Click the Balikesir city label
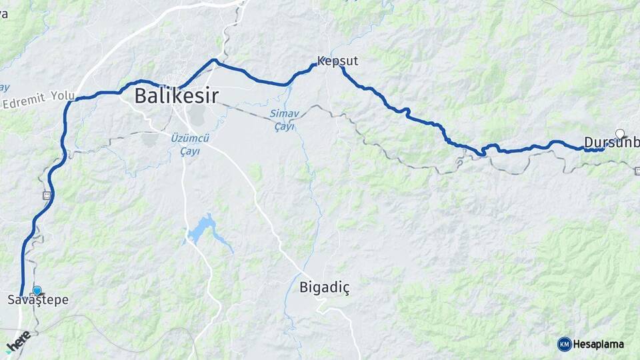tap(177, 95)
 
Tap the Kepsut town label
tap(337, 61)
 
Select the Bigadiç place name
tap(325, 287)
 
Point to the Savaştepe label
tap(37, 300)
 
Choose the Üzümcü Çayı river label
tap(189, 144)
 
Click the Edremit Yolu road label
tap(38, 100)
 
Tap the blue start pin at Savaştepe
tap(37, 291)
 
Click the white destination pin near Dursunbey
tap(620, 133)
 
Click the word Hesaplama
tap(598, 344)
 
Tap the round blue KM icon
tap(564, 344)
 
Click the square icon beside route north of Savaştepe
tap(47, 195)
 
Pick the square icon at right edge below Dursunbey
tap(637, 170)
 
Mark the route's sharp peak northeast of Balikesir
tap(214, 60)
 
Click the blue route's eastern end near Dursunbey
tap(603, 149)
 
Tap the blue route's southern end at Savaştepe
tap(22, 295)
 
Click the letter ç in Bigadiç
tap(345, 289)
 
